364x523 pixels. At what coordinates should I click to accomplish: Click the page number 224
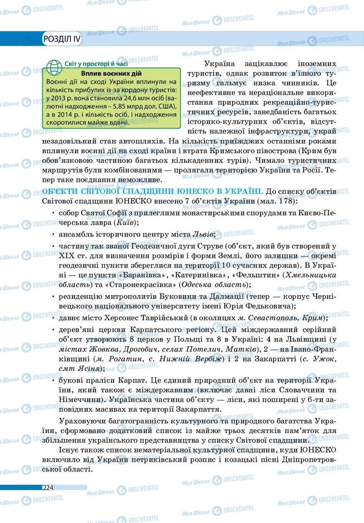[48, 487]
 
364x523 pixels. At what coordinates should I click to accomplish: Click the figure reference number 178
[322, 201]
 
